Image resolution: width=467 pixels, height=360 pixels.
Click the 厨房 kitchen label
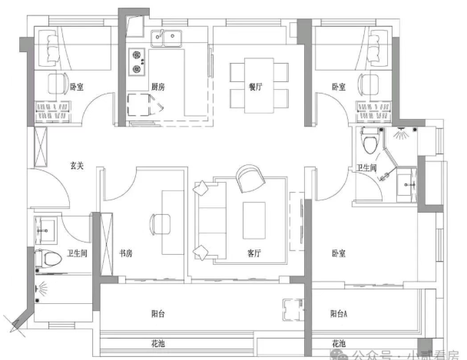pos(158,87)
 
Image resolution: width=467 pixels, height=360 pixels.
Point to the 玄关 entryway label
pos(76,166)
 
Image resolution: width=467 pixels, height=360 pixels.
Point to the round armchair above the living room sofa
pos(250,179)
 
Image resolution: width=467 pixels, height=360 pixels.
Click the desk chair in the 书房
pos(161,224)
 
